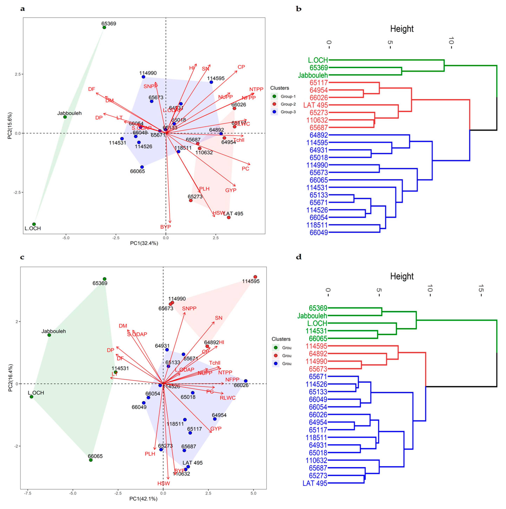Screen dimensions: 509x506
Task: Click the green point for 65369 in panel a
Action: click(104, 27)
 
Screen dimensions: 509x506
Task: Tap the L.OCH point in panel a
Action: click(34, 224)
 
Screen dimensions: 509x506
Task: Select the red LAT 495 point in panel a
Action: click(229, 217)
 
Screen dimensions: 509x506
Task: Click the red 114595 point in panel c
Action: click(255, 277)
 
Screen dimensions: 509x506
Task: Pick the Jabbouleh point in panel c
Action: click(49, 335)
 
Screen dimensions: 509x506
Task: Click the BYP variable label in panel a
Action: click(166, 227)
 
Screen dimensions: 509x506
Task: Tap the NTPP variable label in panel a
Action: click(256, 89)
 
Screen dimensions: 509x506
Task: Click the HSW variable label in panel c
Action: click(164, 484)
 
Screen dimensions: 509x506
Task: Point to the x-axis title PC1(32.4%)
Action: click(144, 243)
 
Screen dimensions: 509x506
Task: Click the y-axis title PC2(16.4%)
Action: click(10, 378)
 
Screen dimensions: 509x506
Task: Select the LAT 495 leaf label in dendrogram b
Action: click(316, 105)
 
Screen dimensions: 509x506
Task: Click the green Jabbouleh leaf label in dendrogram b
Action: click(313, 75)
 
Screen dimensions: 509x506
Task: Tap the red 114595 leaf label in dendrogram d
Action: click(316, 346)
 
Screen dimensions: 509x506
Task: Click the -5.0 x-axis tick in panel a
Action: click(66, 238)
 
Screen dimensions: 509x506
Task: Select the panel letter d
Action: click(299, 257)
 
